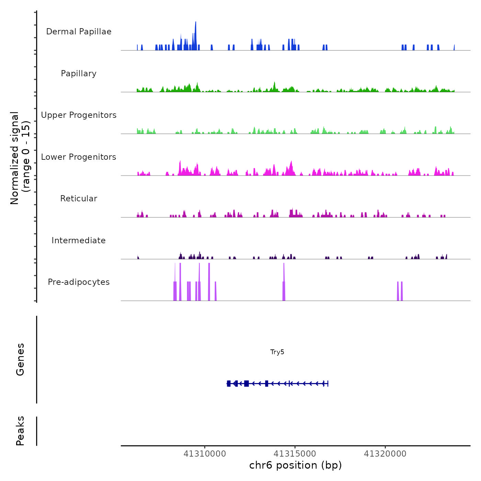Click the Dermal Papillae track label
[79, 32]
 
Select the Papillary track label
[79, 74]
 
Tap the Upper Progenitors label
[79, 115]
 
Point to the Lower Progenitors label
[79, 157]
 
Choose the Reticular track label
[79, 199]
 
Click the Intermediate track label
[79, 240]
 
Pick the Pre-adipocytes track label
[79, 282]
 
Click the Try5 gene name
[277, 352]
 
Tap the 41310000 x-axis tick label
[205, 454]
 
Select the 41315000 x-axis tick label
[295, 454]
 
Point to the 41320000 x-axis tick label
[385, 454]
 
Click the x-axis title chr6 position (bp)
[295, 465]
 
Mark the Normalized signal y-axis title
[20, 158]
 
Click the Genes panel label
[20, 359]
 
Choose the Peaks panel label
[20, 431]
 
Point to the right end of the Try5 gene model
[328, 383]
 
